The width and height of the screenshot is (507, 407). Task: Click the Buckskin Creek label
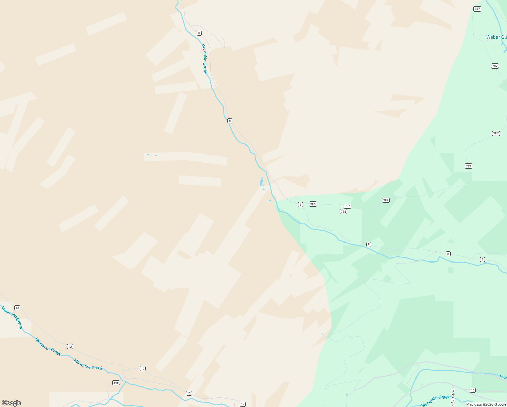click(204, 59)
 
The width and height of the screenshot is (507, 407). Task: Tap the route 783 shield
click(313, 204)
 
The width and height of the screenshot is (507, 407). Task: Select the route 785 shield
click(343, 212)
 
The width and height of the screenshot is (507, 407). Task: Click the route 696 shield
click(116, 383)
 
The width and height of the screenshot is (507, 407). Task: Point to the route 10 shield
click(473, 390)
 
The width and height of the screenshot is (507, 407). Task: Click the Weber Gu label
click(496, 37)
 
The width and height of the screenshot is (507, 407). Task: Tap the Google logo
click(11, 403)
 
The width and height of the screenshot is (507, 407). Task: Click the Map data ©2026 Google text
click(486, 404)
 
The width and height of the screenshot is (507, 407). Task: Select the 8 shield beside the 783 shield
click(300, 205)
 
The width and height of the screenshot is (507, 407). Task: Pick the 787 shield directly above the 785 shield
click(347, 206)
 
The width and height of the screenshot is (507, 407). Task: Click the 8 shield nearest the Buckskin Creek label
click(199, 33)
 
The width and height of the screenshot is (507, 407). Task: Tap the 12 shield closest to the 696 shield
click(143, 369)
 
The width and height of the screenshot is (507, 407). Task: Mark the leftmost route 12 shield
click(17, 308)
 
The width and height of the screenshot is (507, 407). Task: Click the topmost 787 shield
click(477, 9)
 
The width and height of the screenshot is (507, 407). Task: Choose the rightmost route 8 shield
click(482, 259)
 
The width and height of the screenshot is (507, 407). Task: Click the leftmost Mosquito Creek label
click(12, 317)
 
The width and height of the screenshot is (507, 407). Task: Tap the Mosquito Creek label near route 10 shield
click(435, 401)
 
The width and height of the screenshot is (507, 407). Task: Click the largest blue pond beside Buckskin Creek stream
click(261, 181)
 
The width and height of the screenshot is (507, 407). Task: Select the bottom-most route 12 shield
click(242, 404)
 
